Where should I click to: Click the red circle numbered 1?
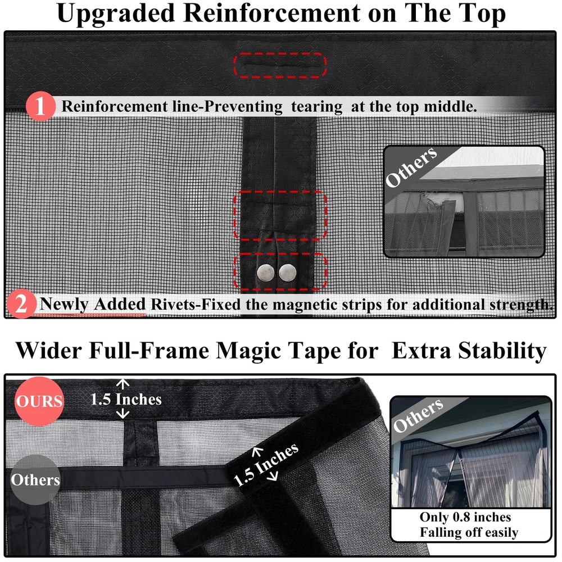coord(40,106)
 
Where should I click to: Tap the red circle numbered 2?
coord(21,304)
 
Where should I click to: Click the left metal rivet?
coord(266,273)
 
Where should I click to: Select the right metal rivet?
coord(288,273)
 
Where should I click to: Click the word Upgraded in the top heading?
coord(116,13)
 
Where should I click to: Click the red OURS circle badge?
coord(39,401)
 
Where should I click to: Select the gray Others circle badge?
coord(35,479)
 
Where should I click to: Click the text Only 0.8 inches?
coord(465,517)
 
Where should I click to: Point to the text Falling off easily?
coord(469,532)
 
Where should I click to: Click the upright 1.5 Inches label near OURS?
coord(126,399)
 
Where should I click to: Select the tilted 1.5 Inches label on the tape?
coord(266,465)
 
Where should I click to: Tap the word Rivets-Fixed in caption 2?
coord(196,304)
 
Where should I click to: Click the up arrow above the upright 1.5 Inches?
coord(123,384)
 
